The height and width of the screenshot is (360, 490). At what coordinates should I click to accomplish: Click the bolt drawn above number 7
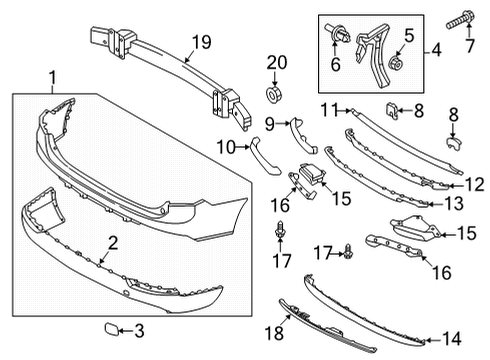coord(463,19)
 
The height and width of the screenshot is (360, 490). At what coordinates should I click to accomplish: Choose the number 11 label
coord(329,108)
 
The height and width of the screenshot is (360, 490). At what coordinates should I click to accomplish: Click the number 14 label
coord(451,337)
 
